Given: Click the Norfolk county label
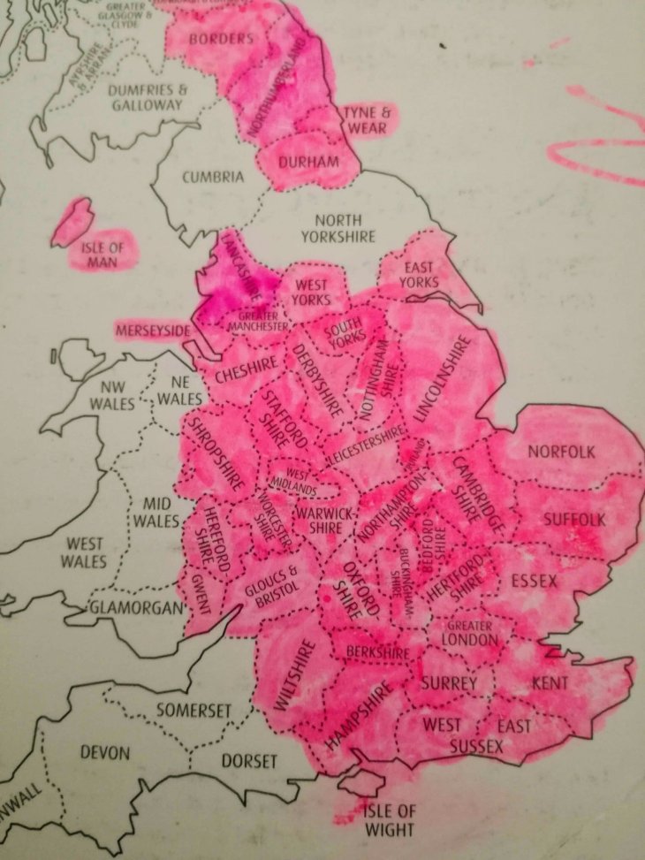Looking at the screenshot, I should [561, 452].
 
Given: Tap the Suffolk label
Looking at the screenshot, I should [573, 519].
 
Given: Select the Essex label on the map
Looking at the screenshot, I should [535, 581].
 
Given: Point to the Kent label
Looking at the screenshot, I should [550, 683].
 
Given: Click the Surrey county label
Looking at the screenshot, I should [449, 683].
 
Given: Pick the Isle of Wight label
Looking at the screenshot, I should [387, 820].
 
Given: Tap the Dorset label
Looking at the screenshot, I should [249, 761].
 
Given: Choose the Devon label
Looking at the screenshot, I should [104, 754].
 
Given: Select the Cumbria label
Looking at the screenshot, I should [212, 177].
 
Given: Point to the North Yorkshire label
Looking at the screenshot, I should [338, 228].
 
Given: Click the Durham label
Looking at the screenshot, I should [308, 163].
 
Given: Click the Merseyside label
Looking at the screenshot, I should [153, 331].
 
